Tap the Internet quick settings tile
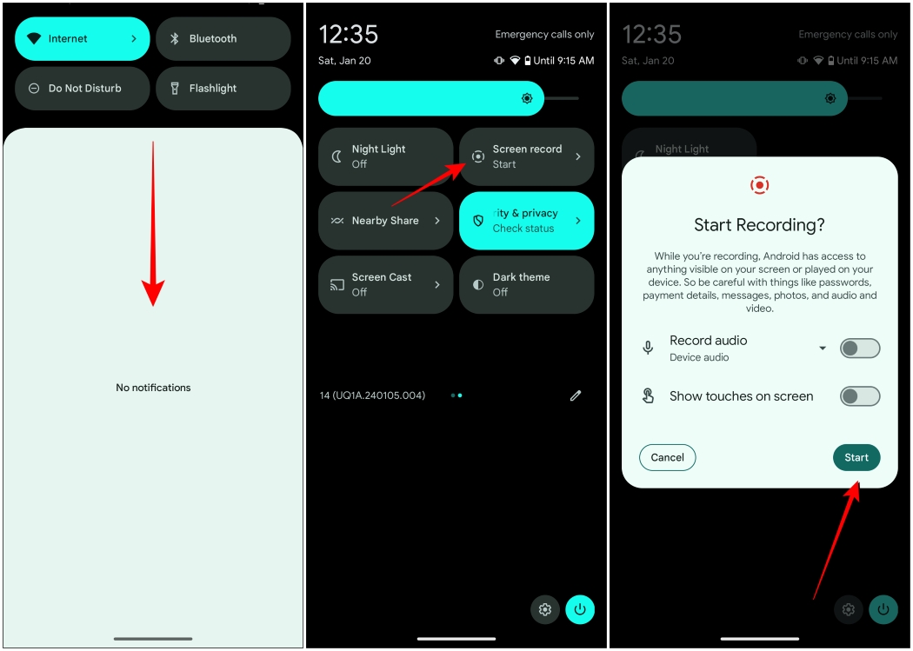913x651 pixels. point(82,39)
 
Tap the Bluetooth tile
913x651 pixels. point(223,39)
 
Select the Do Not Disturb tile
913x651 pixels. point(82,89)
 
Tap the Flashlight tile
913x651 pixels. point(223,89)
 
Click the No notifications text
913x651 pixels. point(153,388)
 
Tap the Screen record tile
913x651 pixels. point(526,156)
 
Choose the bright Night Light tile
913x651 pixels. point(385,156)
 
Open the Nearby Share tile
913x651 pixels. point(385,221)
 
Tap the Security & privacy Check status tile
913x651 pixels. point(526,221)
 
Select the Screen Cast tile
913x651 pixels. point(385,284)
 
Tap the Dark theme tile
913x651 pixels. point(526,284)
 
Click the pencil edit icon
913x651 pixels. point(576,395)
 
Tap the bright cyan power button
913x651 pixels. point(580,609)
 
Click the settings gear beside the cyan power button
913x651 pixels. point(545,609)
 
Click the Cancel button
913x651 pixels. point(667,457)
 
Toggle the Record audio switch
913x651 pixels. point(859,349)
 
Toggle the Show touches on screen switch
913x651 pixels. point(859,396)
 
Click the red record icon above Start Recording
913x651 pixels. point(759,185)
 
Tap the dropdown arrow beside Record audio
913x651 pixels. point(823,349)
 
